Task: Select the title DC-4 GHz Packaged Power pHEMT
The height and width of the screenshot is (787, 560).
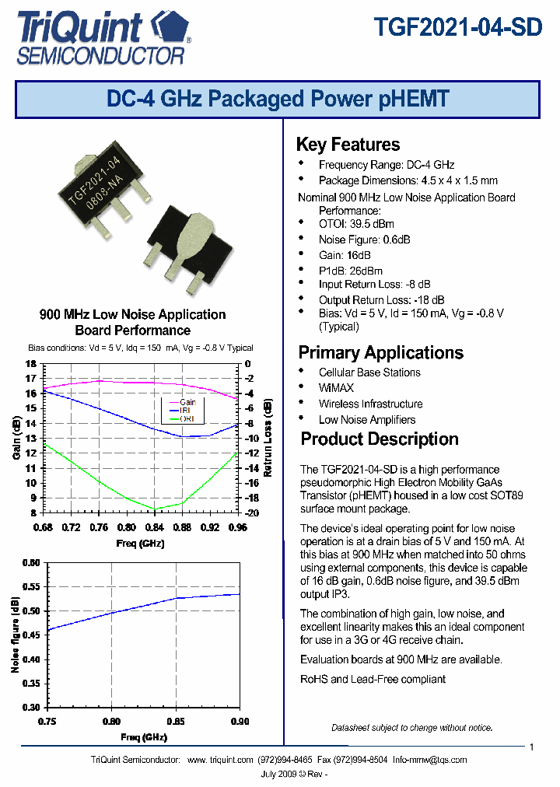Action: click(x=278, y=100)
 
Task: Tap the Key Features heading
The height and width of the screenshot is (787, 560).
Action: click(x=348, y=145)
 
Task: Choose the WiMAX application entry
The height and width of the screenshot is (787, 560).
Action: click(x=336, y=387)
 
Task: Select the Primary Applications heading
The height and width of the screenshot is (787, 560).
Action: click(x=380, y=352)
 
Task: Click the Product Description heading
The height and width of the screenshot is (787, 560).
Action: click(x=379, y=439)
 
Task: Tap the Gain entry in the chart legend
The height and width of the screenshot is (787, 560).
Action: click(x=187, y=402)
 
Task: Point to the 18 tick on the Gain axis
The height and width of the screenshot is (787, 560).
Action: click(x=30, y=364)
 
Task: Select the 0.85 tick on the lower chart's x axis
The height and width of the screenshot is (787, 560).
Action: click(x=176, y=721)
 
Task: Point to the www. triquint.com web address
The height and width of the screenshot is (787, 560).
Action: click(x=221, y=760)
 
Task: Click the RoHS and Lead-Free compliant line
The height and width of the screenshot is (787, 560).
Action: click(x=373, y=679)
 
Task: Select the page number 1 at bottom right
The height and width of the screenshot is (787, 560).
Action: click(x=531, y=747)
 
